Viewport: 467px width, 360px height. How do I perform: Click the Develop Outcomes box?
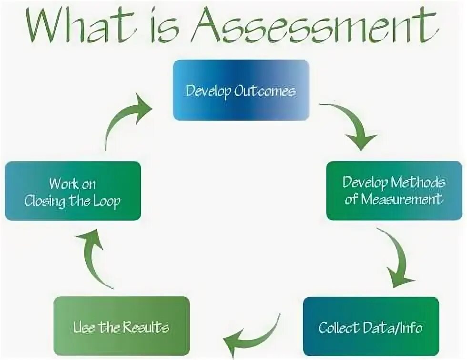[x=241, y=90]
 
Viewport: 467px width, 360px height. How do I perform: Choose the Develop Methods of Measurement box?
[x=394, y=190]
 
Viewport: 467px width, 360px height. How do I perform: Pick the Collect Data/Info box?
[x=370, y=327]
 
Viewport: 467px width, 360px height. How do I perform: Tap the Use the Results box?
[x=121, y=327]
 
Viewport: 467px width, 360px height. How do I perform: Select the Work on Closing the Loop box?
[x=72, y=191]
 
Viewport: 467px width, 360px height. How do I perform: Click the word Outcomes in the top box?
[x=264, y=90]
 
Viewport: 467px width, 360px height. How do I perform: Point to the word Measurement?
[x=401, y=199]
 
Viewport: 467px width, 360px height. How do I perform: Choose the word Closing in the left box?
[x=45, y=200]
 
